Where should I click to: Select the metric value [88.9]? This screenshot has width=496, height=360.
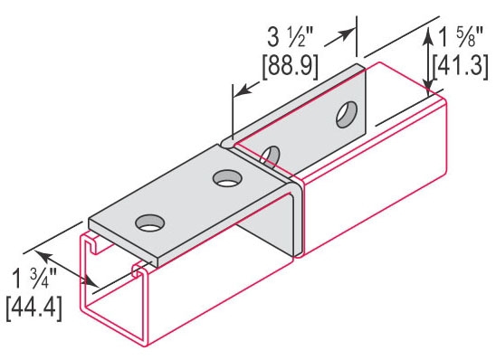290,66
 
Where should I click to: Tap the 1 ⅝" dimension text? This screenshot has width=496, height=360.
461,36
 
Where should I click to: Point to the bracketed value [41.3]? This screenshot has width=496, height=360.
461,66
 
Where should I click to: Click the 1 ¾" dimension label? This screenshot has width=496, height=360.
34,278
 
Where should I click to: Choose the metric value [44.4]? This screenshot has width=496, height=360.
33,308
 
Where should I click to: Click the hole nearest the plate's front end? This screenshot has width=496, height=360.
150,223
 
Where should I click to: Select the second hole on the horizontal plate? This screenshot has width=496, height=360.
227,178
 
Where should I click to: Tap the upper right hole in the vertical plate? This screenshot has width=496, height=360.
347,114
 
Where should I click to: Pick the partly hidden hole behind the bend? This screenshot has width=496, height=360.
271,156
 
